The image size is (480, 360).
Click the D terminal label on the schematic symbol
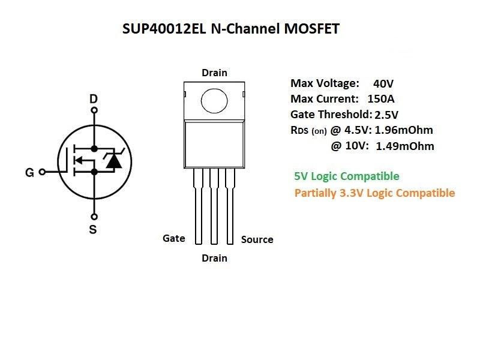click(93, 98)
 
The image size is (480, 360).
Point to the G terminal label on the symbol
click(29, 173)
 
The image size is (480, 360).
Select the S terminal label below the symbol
click(93, 229)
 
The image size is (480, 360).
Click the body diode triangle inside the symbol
click(113, 160)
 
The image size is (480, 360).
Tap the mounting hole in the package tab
click(214, 99)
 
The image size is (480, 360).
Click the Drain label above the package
click(214, 73)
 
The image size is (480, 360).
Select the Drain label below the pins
click(214, 258)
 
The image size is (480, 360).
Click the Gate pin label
click(173, 238)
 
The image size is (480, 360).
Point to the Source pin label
click(257, 239)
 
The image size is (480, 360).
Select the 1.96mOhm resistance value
click(404, 130)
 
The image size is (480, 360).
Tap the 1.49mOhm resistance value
click(405, 146)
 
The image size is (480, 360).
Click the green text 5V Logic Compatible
click(346, 176)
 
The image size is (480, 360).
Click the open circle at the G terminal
click(42, 172)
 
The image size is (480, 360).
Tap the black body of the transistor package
click(214, 144)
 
